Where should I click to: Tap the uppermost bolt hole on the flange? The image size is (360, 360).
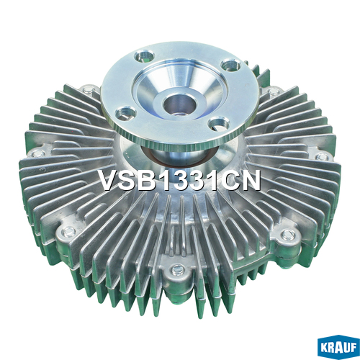145,55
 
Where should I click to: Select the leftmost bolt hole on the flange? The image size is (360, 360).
125,113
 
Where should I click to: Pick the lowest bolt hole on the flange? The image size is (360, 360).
219,123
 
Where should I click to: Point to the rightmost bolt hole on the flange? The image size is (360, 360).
230,65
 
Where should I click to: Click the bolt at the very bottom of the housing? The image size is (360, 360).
178,270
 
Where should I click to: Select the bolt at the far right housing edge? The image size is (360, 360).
322,157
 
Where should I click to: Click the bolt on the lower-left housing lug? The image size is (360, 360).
68,232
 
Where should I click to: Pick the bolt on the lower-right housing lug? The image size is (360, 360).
288,235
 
